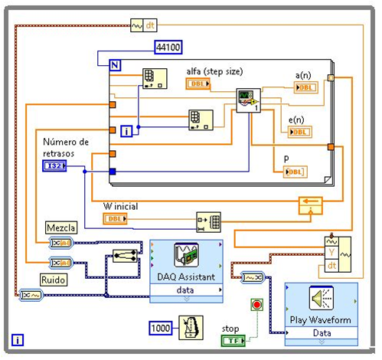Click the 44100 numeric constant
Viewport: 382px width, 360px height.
(x=168, y=47)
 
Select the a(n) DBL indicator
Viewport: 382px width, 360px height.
(x=307, y=87)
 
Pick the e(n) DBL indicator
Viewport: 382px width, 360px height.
(x=300, y=132)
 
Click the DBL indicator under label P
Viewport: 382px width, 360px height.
(x=296, y=172)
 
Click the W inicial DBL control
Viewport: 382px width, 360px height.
(x=116, y=218)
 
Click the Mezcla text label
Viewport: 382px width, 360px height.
(x=61, y=227)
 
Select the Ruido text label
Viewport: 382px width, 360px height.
(x=55, y=280)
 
